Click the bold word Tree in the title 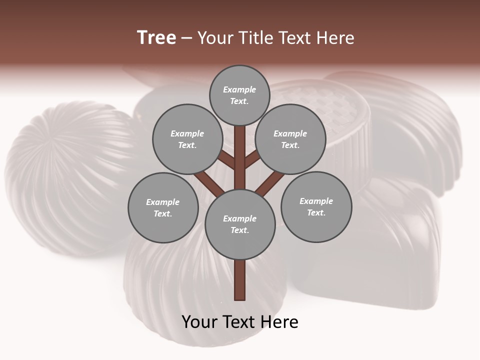point(156,37)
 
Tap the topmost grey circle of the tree point(239,95)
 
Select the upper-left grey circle point(187,139)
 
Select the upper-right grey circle point(290,139)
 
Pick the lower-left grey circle point(163,207)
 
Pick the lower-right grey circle point(316,206)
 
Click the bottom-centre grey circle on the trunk point(240,224)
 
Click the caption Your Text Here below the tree point(240,322)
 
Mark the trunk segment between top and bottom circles point(240,155)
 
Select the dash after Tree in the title point(186,38)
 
